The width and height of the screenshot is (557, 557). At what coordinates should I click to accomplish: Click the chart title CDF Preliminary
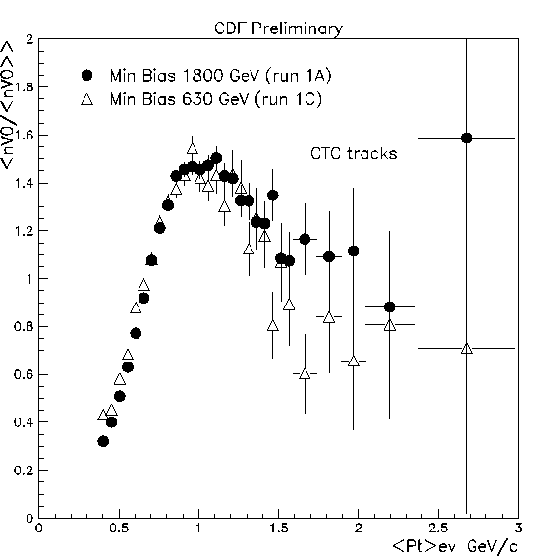279,28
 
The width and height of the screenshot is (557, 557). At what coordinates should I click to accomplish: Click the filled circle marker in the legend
87,75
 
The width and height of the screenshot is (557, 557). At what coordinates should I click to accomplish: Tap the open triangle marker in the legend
87,99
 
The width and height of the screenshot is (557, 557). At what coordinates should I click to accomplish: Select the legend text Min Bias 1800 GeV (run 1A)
220,76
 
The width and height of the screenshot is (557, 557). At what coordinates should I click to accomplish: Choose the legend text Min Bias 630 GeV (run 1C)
215,99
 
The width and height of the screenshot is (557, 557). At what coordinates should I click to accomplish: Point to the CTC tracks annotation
354,154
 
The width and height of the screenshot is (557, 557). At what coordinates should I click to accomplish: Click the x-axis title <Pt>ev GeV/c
455,546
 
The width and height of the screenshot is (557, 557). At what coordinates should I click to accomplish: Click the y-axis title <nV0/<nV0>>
8,105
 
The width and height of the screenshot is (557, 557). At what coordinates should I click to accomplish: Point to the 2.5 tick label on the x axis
438,529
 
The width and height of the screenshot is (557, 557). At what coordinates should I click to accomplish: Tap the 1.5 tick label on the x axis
279,529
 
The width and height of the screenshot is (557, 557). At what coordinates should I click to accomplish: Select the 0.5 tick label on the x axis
119,529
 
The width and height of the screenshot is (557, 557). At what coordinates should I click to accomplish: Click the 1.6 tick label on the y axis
24,135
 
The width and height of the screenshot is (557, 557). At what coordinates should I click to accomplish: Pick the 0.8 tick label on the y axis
24,326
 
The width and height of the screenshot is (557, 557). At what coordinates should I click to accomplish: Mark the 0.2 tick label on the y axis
24,471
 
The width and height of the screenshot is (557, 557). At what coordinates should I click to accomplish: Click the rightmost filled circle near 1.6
466,138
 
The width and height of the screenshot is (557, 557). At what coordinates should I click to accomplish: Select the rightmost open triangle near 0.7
467,349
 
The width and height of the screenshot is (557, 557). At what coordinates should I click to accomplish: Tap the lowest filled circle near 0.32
103,441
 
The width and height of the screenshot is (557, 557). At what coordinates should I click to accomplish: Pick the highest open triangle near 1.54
193,149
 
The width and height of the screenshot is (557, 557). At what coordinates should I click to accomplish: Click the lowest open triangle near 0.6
305,373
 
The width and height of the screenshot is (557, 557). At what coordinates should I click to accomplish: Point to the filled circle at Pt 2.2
390,306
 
